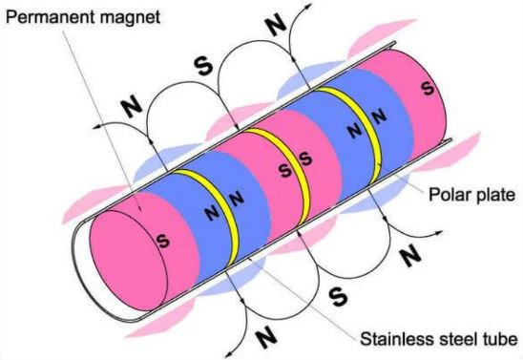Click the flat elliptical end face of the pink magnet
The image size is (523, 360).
(129, 261)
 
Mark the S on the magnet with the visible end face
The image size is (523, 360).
(163, 241)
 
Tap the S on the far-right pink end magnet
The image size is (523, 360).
(428, 88)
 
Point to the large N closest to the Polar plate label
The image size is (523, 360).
(410, 255)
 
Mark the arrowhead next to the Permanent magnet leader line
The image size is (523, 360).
(97, 127)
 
